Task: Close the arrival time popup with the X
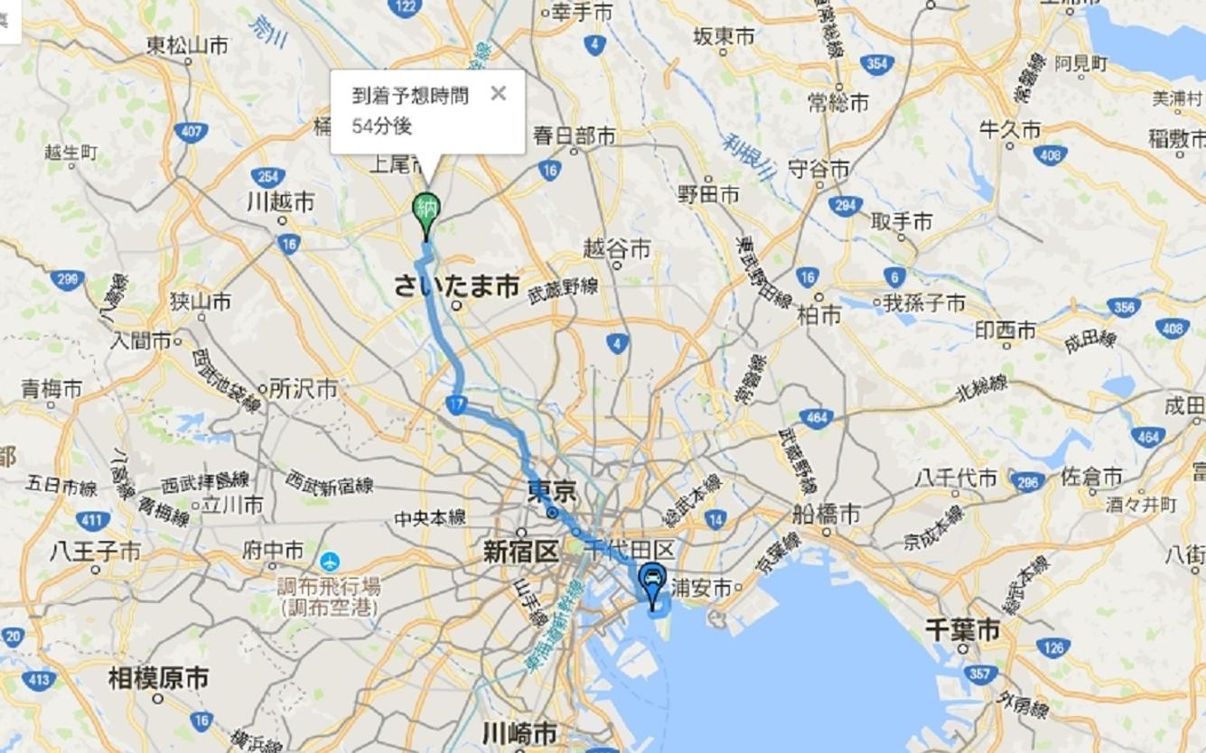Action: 498,93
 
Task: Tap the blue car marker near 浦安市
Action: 650,579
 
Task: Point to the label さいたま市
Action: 456,286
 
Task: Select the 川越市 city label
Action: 280,201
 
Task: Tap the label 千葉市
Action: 962,629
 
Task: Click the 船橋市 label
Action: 826,514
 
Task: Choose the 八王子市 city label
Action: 96,549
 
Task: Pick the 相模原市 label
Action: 158,677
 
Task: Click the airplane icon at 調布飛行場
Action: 329,561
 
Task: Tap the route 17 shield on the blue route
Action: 456,406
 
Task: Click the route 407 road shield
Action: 191,133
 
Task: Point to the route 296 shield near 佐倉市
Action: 1028,482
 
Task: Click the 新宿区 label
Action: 520,552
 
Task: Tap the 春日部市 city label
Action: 574,136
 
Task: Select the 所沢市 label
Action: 303,388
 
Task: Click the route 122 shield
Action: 406,6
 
